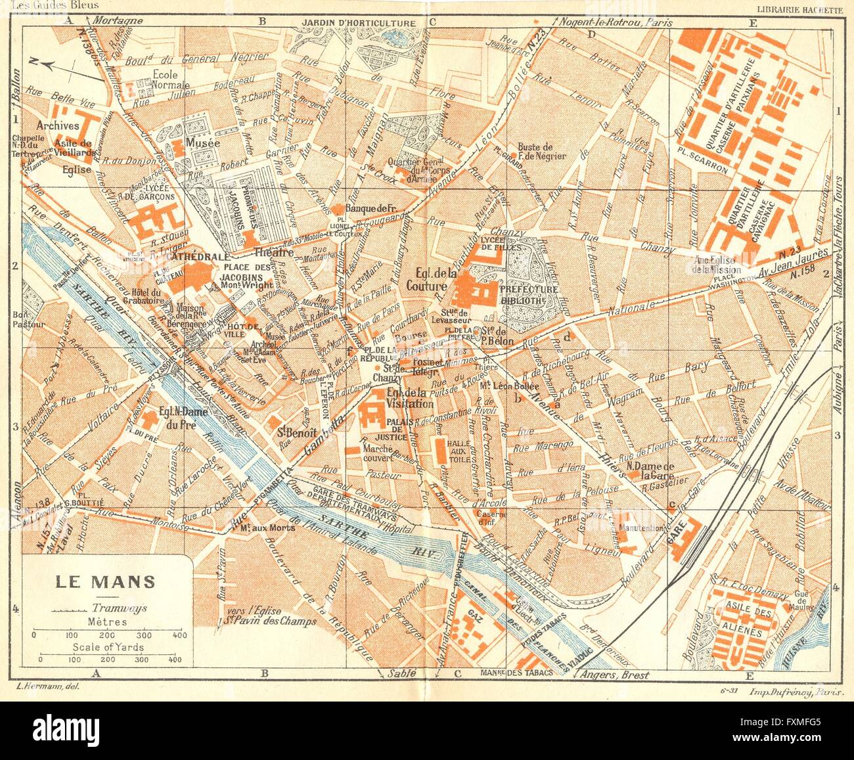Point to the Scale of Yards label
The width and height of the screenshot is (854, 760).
(109, 647)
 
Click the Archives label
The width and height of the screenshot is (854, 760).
(58, 125)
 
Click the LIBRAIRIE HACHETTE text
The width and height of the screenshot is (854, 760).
(799, 9)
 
